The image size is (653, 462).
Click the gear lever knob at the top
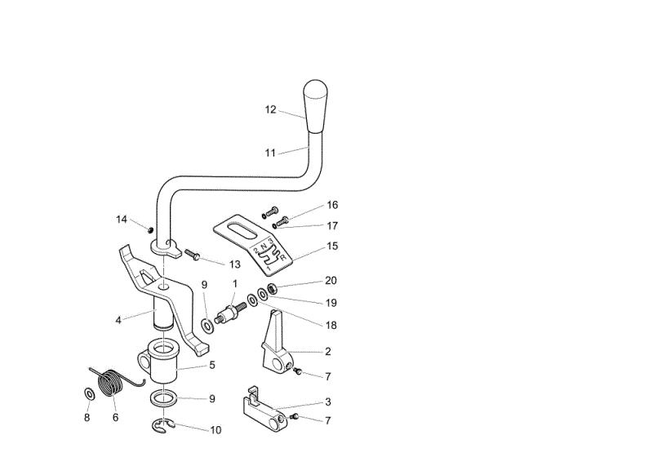click(315, 106)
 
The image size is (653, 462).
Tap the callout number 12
click(271, 109)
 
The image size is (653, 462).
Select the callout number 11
click(270, 153)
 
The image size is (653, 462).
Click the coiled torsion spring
click(112, 381)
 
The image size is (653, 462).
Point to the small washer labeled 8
click(89, 393)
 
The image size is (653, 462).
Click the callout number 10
click(215, 430)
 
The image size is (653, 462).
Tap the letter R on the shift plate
click(283, 257)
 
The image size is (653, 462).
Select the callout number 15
click(332, 246)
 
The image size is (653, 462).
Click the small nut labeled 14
click(150, 229)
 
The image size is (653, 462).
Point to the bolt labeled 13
click(192, 254)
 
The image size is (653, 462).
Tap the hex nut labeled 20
click(273, 287)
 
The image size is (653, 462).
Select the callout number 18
click(331, 325)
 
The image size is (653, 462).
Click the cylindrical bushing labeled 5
click(162, 362)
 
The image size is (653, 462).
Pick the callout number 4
click(118, 320)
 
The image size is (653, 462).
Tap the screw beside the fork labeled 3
click(295, 416)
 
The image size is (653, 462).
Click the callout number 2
click(328, 351)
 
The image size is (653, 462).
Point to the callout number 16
click(332, 205)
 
